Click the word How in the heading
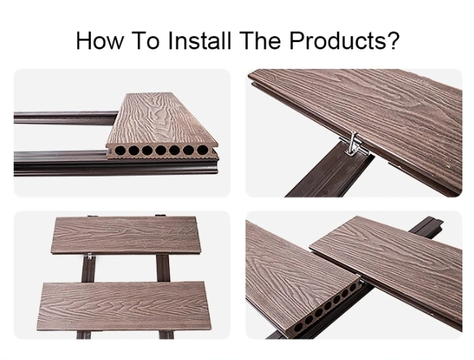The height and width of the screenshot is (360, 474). tap(99, 41)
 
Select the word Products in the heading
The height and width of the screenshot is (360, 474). tap(338, 41)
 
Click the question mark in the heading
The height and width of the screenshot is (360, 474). tap(393, 40)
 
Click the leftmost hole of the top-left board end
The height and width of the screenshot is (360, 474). tap(119, 150)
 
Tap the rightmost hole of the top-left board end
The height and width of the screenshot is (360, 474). tap(203, 150)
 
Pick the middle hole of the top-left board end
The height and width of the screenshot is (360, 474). tap(160, 150)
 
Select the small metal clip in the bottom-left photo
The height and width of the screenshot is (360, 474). tap(89, 256)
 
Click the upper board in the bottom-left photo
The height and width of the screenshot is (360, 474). tap(125, 235)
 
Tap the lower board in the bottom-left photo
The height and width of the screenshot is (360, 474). tap(124, 306)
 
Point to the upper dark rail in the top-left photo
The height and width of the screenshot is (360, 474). tap(65, 118)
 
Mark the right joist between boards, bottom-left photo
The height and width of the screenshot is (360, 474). tap(163, 268)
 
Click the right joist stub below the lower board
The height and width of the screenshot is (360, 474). tap(166, 335)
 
